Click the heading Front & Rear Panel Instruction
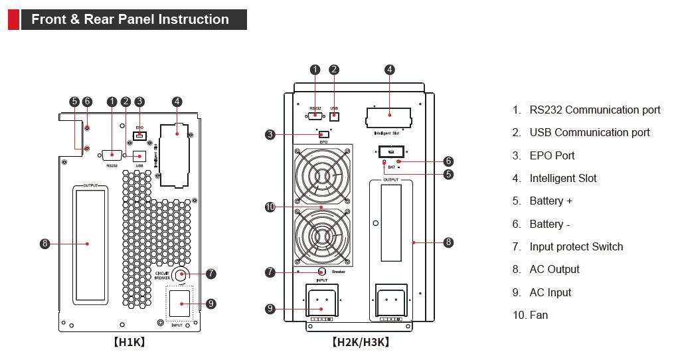[x=129, y=19]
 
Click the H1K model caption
[x=129, y=343]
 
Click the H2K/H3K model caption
[x=360, y=343]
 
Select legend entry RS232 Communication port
[x=594, y=110]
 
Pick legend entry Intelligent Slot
[x=562, y=178]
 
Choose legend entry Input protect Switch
[x=576, y=246]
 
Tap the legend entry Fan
[x=538, y=315]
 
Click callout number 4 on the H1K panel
[x=177, y=102]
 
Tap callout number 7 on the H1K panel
[x=211, y=273]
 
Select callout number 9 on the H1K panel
[x=211, y=304]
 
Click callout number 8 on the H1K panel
[x=45, y=244]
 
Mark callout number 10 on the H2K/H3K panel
[x=270, y=207]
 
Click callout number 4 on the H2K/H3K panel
[x=390, y=69]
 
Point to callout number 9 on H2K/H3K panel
[x=270, y=308]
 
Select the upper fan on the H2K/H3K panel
[x=321, y=176]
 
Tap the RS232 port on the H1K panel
[x=112, y=154]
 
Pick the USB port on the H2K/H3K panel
[x=334, y=116]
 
